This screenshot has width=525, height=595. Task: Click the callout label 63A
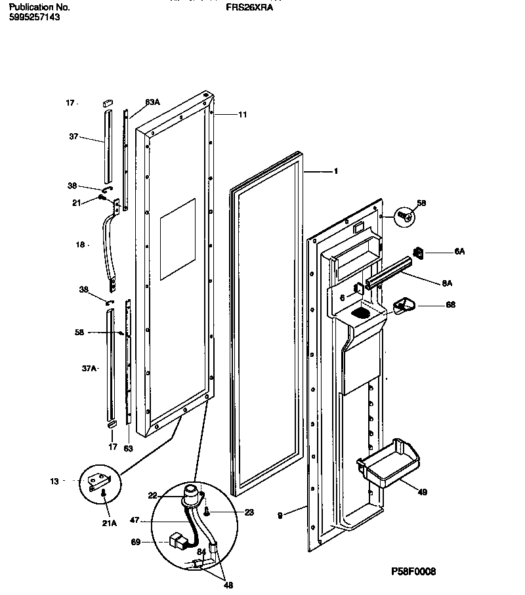coord(152,102)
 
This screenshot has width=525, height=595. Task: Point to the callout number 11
coord(242,115)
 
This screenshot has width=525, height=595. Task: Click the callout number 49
coord(423,491)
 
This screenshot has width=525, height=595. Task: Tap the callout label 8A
coord(447,283)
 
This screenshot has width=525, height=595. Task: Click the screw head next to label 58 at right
coord(406,215)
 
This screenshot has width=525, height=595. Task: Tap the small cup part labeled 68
coord(402,305)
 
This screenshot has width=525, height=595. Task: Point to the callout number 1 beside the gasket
coord(335,172)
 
